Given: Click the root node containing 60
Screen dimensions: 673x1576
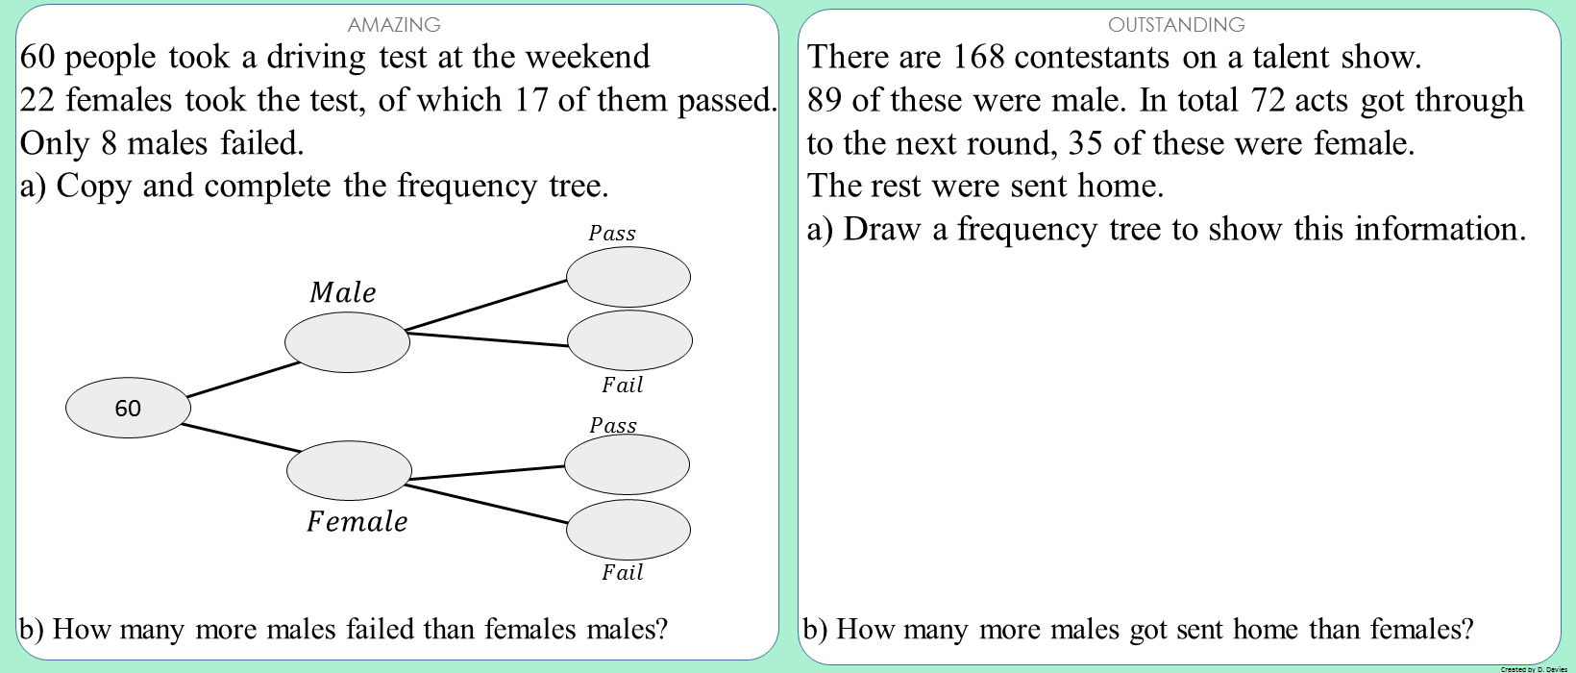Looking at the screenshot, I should tap(128, 408).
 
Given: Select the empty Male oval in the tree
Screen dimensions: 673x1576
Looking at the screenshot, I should tap(347, 342).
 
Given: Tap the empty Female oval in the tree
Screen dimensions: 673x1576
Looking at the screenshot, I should tap(349, 470).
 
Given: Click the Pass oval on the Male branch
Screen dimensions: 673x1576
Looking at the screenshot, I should tap(628, 277).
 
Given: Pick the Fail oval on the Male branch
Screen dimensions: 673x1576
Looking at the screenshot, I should tap(629, 340).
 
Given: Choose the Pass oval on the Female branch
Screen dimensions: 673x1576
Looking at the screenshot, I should tap(627, 464).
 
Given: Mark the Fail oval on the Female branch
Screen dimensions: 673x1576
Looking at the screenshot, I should tap(628, 529).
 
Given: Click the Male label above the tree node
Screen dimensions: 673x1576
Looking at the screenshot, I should tap(343, 292).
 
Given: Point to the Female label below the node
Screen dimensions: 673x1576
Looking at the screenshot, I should tap(357, 521).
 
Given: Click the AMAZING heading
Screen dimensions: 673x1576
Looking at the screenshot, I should tap(394, 24).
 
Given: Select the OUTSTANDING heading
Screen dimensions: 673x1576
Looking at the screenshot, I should tap(1176, 24).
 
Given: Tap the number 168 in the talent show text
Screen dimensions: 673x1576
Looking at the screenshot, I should tap(977, 58).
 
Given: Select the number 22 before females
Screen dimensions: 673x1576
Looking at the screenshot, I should tap(37, 100).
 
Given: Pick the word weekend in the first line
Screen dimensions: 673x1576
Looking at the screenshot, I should tap(587, 58).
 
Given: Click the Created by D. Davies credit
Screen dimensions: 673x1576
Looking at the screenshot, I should tap(1534, 668).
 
